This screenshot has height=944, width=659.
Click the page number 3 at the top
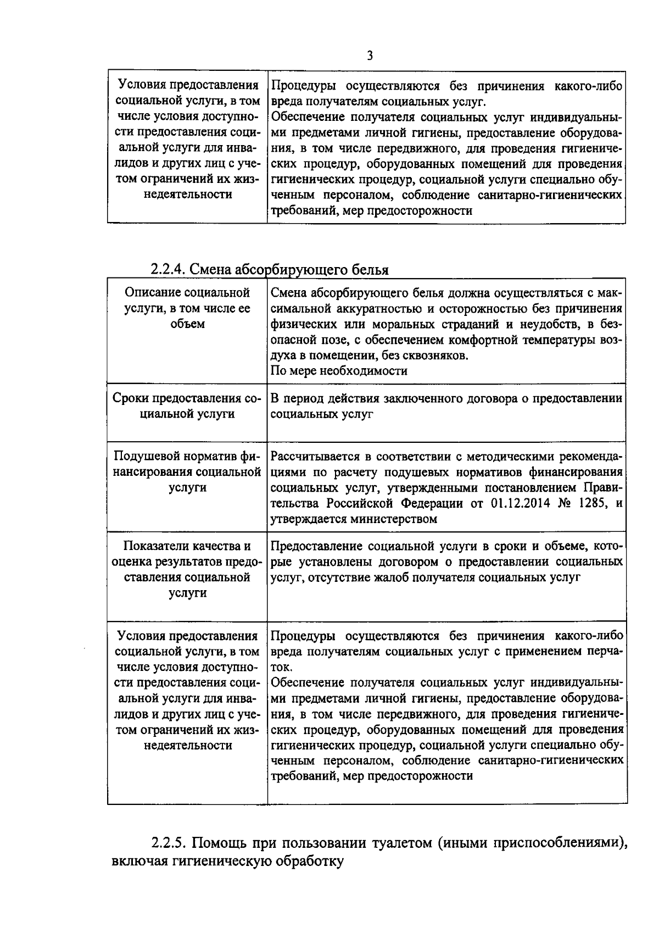click(370, 55)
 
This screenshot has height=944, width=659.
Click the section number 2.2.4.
click(169, 270)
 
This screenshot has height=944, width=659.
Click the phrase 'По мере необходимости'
click(339, 371)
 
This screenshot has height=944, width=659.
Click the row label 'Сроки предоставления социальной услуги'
click(187, 406)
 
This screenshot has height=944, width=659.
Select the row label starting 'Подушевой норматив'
click(187, 472)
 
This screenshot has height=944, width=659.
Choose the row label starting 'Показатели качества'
click(187, 569)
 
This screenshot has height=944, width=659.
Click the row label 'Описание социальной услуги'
click(187, 308)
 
